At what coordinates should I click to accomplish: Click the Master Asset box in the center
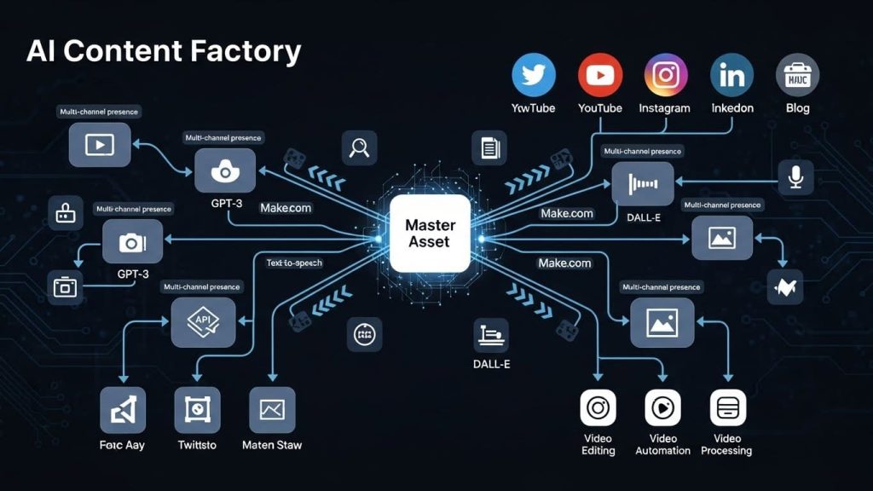point(430,234)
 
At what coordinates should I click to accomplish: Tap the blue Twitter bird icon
point(534,75)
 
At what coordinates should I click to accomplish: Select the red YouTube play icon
point(600,75)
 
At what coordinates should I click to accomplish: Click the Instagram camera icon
point(666,75)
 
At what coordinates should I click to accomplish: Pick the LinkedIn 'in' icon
point(731,75)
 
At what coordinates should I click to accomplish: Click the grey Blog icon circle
point(797,75)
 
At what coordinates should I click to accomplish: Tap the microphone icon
point(796,176)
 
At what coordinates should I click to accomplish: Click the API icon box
point(203,322)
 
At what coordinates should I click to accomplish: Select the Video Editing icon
point(598,408)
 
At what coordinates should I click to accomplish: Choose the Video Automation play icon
point(662,408)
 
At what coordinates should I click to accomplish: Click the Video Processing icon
point(727,408)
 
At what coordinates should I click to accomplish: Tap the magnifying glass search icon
point(359,147)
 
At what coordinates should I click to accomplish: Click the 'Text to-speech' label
point(294,263)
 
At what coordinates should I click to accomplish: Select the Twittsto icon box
point(197,410)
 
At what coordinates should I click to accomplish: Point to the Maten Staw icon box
point(272,410)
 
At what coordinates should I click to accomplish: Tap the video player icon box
point(100,144)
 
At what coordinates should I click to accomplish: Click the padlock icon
point(65,213)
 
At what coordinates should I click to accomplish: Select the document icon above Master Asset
point(489,147)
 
